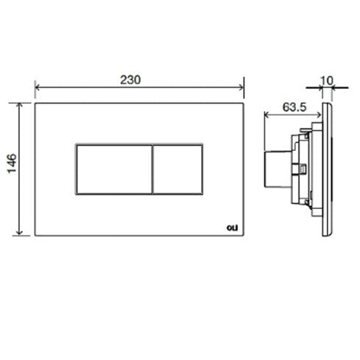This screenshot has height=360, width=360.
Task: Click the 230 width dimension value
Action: point(130,80)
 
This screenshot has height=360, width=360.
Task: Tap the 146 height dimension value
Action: point(12,163)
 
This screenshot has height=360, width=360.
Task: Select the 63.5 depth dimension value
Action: point(294,107)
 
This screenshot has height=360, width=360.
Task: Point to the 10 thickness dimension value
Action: point(327,80)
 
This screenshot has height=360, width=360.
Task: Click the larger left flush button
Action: point(114,169)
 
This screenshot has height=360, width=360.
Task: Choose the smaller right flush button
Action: point(177,169)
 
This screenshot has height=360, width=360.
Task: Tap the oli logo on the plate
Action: point(232,227)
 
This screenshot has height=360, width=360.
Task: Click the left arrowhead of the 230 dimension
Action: point(38,87)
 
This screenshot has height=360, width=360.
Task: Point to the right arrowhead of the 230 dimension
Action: point(241,87)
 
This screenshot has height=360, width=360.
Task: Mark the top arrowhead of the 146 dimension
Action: point(19,105)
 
